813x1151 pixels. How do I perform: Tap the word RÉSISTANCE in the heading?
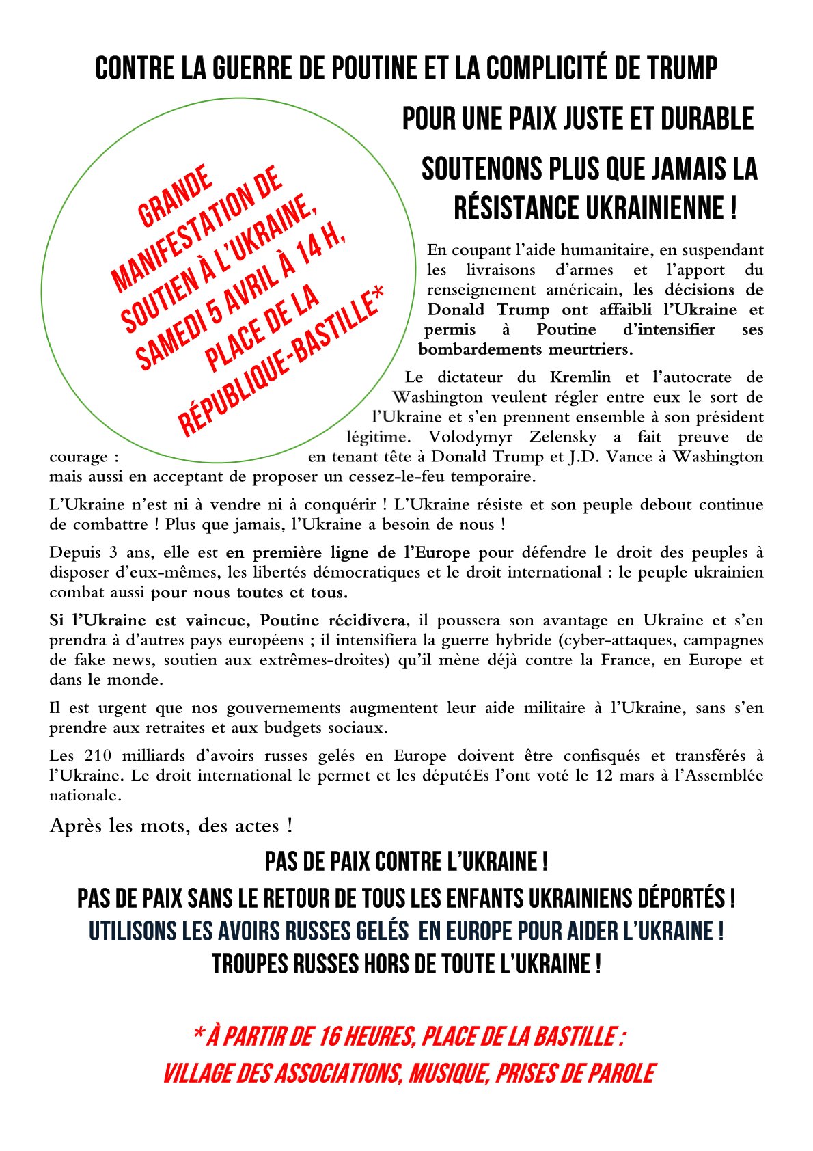coord(523,208)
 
